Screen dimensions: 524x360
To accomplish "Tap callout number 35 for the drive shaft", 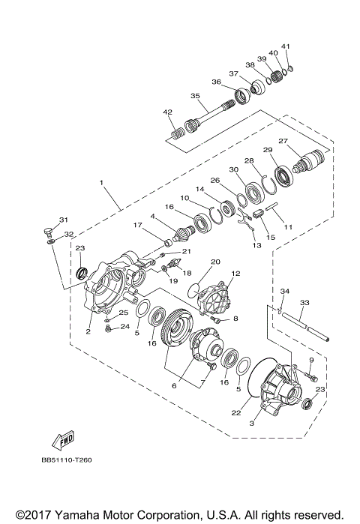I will [x=195, y=96].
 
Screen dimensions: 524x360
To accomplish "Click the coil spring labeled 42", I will [x=177, y=134].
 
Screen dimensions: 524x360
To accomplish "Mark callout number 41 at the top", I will [x=286, y=46].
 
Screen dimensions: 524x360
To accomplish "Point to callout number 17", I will [x=137, y=225].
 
